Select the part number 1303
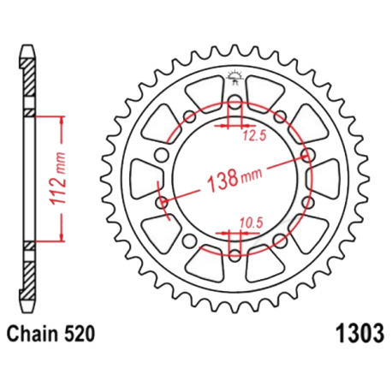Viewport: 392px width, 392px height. pyautogui.click(x=351, y=331)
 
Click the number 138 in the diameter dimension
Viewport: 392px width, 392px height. pyautogui.click(x=220, y=182)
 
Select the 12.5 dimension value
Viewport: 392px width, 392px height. pyautogui.click(x=252, y=134)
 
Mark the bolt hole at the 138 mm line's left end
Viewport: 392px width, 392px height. pyautogui.click(x=161, y=203)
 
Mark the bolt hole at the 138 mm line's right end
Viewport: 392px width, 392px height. pyautogui.click(x=306, y=157)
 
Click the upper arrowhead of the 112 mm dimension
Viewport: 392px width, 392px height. pyautogui.click(x=62, y=118)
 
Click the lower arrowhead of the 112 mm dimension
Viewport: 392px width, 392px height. pyautogui.click(x=62, y=241)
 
